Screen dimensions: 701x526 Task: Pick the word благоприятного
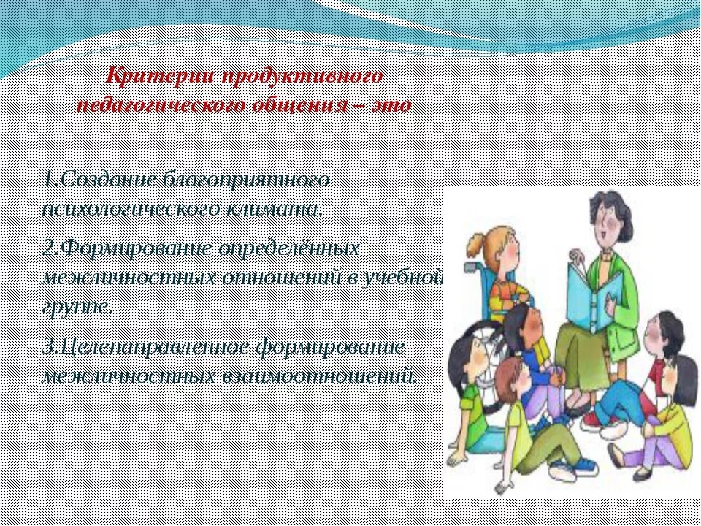246,180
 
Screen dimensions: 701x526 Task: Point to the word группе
75,307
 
